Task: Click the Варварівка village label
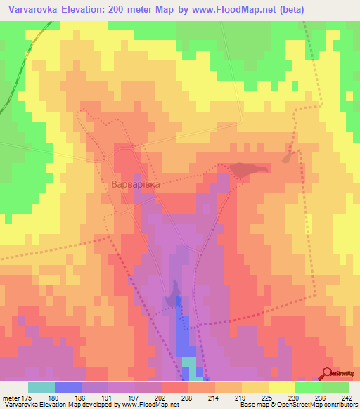(x=136, y=183)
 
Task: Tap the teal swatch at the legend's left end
(x=41, y=387)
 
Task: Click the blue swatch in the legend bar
(x=68, y=387)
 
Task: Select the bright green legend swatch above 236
(x=309, y=387)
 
